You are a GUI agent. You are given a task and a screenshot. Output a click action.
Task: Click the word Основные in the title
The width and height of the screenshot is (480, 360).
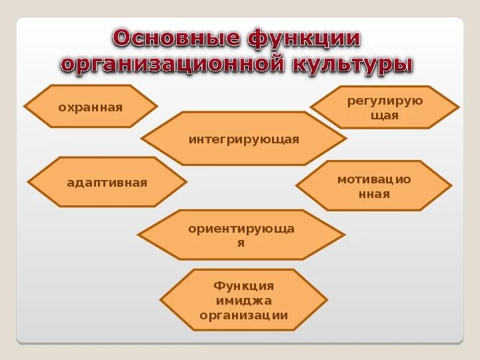176,38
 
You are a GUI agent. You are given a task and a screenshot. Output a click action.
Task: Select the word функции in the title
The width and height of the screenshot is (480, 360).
305,38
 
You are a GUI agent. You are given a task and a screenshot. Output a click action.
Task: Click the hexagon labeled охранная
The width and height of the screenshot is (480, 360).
91,107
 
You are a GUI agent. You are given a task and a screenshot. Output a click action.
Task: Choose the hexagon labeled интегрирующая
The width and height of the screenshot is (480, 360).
243,139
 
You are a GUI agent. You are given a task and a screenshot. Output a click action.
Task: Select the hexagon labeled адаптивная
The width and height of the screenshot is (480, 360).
107,182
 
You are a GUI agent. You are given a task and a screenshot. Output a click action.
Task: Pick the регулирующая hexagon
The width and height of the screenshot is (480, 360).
385,107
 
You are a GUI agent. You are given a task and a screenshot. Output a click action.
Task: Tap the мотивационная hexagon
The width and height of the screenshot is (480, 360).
373,186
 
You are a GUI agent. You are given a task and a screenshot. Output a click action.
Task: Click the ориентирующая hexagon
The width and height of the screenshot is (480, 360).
241,235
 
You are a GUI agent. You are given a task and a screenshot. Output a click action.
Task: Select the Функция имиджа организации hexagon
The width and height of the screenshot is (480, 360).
243,300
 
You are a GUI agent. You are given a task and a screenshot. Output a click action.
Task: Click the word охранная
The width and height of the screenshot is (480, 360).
91,107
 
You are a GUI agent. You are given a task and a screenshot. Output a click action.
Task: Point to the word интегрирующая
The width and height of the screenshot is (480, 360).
243,139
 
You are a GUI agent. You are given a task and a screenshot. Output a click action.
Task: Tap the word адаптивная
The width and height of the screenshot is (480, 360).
107,183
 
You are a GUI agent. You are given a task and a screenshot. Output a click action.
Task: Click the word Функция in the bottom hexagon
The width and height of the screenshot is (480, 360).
243,285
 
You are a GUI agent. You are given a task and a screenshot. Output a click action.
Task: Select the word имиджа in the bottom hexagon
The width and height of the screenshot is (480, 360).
243,301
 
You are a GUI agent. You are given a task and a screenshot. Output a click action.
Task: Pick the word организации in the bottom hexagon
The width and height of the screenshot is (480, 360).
243,315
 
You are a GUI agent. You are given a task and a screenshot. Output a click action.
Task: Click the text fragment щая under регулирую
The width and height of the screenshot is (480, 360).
385,115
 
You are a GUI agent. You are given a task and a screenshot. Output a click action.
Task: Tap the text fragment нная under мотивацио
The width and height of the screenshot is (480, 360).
373,194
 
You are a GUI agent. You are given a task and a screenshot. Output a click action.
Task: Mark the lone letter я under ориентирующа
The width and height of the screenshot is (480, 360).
241,243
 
